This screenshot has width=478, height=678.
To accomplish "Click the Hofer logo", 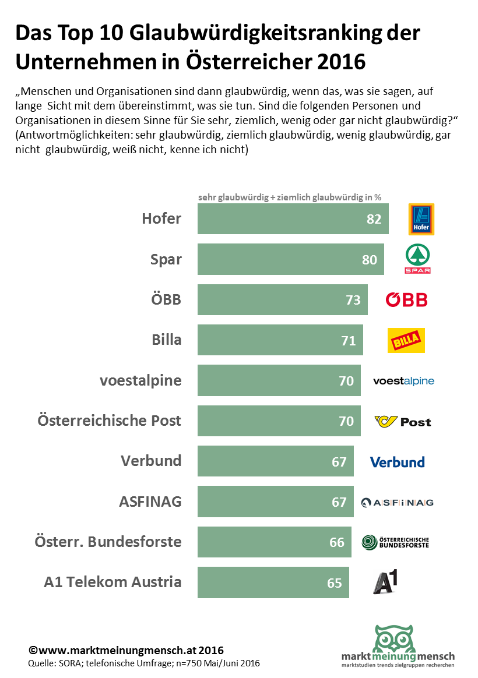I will click(421, 219).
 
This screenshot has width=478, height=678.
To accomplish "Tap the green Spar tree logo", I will click(417, 259).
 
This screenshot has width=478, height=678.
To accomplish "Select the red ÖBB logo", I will click(406, 300).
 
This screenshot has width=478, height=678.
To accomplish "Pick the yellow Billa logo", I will click(406, 340).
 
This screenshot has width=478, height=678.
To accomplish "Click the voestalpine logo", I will click(403, 381).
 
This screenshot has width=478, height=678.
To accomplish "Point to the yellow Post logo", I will click(403, 421).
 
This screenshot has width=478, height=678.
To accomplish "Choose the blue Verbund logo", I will click(397, 462).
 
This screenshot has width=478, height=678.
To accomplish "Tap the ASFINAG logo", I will click(397, 502).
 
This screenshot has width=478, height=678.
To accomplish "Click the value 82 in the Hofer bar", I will click(374, 219).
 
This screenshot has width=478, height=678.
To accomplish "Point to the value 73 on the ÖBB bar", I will click(353, 300).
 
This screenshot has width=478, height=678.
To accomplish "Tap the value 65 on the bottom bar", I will click(334, 582).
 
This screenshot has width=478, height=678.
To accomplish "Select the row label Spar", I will click(166, 259).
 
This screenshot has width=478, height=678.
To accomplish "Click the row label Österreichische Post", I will click(110, 421).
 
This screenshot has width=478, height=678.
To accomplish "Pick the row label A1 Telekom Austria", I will click(113, 582).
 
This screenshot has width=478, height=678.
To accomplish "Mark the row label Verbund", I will click(151, 461).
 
